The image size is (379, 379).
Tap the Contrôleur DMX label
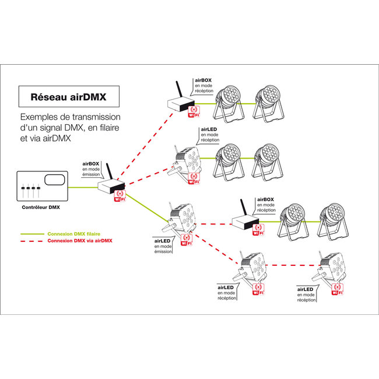tap(41, 207)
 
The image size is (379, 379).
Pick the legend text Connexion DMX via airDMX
tap(80, 240)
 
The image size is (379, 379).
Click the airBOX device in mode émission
tap(107, 187)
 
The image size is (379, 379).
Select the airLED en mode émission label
tap(163, 245)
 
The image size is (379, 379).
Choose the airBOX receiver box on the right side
tap(243, 222)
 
